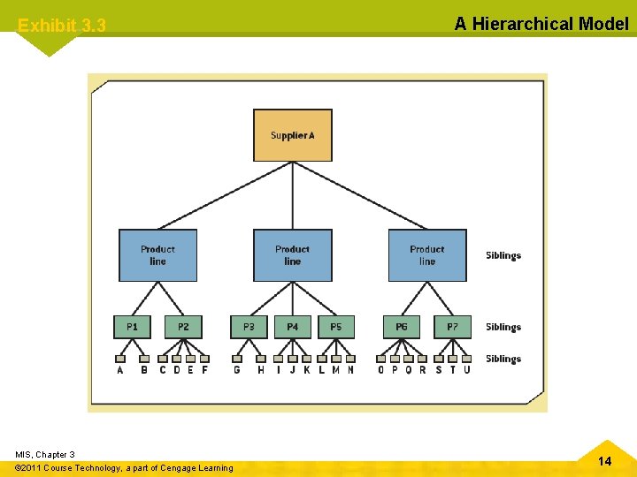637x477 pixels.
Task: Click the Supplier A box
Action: point(293,135)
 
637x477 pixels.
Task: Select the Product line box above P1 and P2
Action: point(157,255)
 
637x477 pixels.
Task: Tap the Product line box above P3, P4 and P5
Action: point(293,255)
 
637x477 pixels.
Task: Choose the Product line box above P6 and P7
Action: point(427,255)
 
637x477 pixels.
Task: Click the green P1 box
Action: point(132,327)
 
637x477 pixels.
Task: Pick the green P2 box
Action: point(183,327)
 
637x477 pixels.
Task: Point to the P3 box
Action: point(249,327)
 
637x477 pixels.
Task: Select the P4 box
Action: point(293,327)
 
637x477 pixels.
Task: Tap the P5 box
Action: point(336,327)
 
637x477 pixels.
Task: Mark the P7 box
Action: point(452,327)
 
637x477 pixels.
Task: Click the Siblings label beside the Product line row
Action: point(503,256)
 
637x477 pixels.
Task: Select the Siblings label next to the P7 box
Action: point(503,328)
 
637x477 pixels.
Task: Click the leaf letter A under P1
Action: point(120,370)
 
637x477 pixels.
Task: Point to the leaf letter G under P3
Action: point(237,370)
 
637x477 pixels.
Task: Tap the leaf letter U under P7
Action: point(467,370)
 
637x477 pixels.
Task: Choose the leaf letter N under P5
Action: point(350,370)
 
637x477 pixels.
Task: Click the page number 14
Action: point(604,461)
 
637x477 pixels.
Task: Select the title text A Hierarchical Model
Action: point(541,24)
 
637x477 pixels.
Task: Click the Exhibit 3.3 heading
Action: point(62,26)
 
